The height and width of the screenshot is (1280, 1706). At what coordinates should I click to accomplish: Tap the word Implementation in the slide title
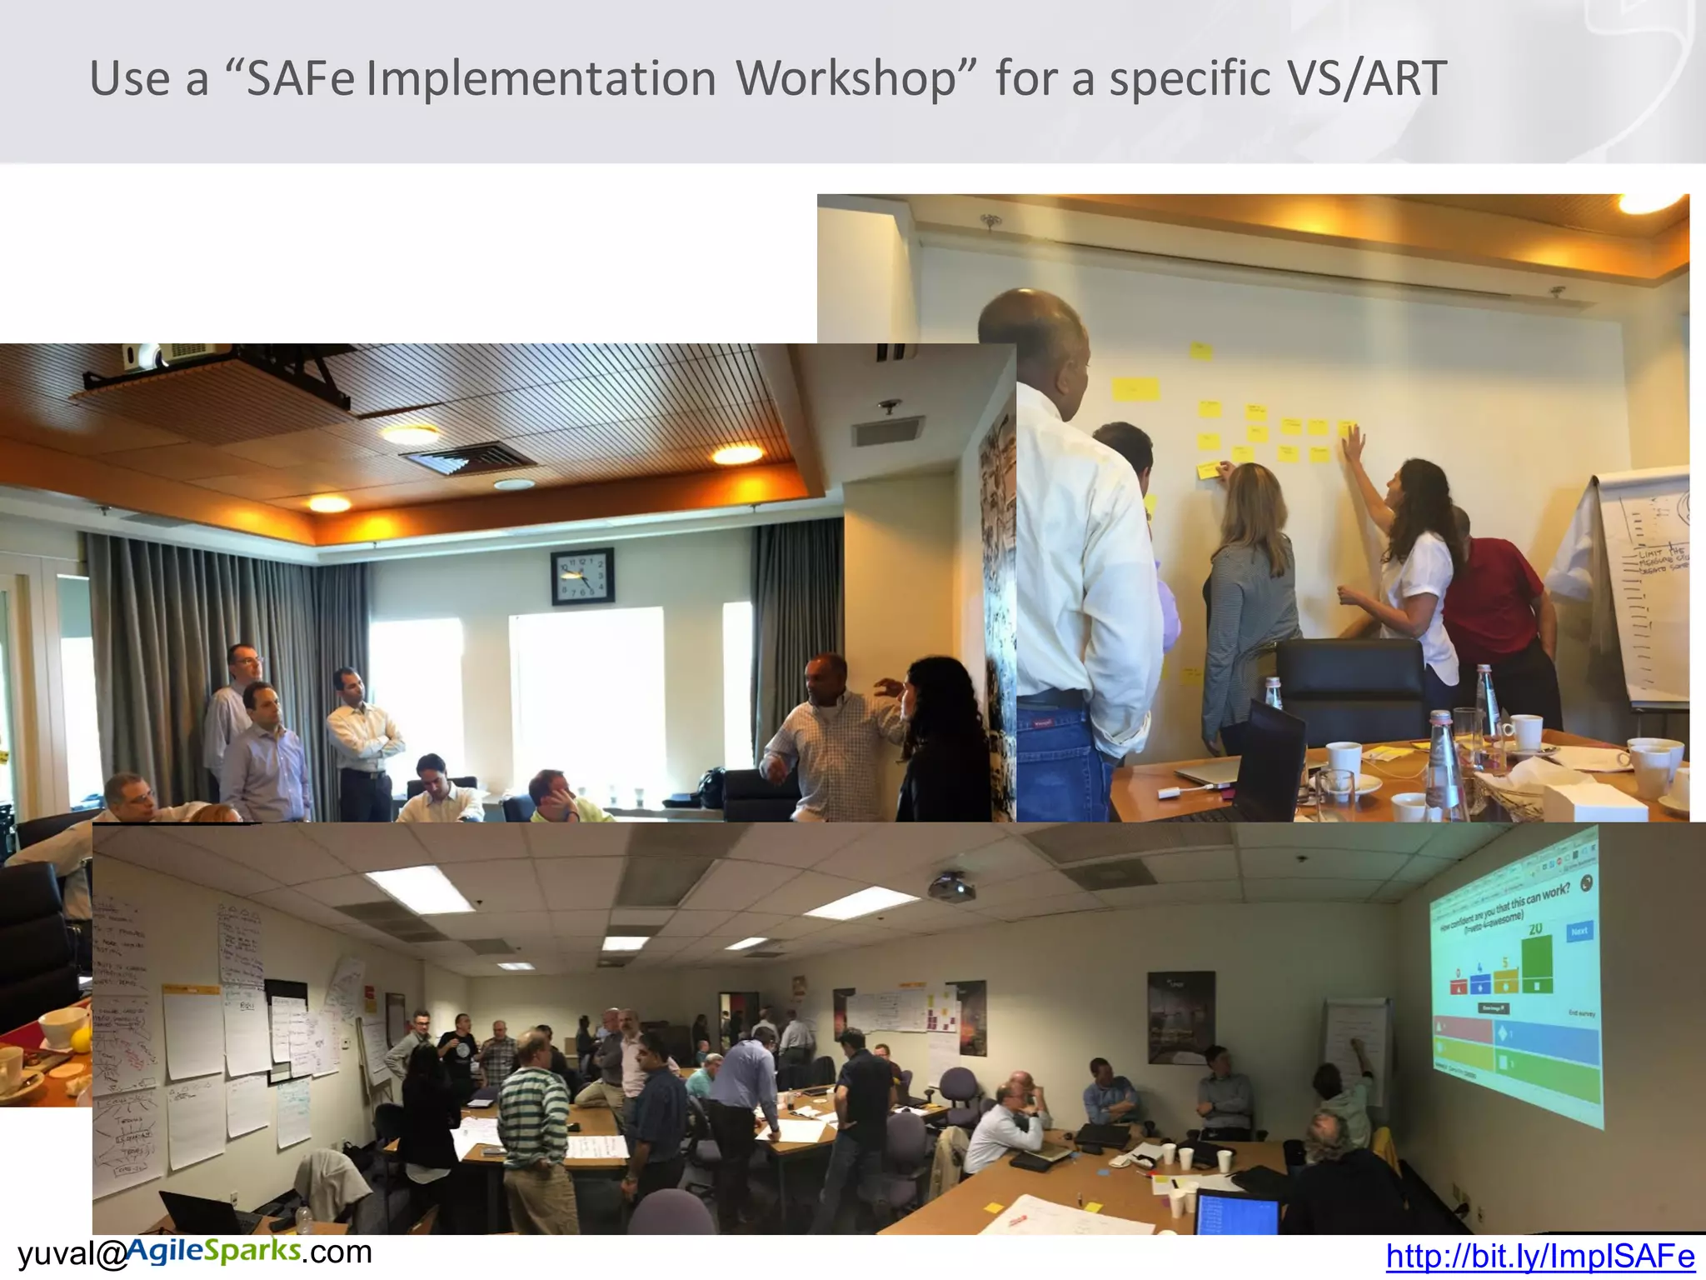pos(541,79)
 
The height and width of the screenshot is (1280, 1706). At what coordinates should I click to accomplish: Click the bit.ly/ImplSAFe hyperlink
pos(1539,1256)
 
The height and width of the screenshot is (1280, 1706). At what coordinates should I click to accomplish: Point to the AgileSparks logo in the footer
pos(213,1250)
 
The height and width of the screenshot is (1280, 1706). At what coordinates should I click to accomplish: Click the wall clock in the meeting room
pos(582,576)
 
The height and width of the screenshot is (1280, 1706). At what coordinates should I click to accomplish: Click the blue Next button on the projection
pos(1579,931)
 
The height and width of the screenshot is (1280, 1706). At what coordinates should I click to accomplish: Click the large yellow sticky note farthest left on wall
pos(1135,389)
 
